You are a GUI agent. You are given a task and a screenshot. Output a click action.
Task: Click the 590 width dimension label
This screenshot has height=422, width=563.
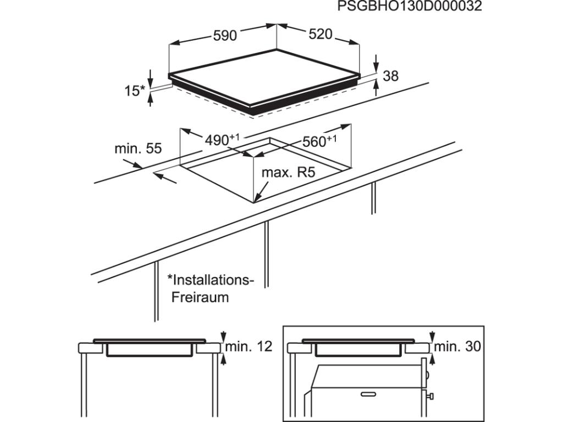[x=225, y=36]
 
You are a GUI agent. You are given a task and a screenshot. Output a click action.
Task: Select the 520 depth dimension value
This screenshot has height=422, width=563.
[x=321, y=34]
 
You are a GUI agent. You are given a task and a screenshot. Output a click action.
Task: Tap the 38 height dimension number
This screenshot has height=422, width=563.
[x=390, y=76]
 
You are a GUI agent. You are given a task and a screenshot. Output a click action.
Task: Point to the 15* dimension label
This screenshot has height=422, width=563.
[x=135, y=91]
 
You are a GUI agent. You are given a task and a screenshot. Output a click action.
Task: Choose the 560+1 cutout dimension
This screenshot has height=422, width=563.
[x=319, y=141]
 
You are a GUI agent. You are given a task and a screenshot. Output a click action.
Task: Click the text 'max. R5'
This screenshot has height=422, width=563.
[x=288, y=173]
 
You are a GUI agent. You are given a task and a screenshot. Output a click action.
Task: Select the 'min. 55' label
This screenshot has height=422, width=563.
[x=138, y=148]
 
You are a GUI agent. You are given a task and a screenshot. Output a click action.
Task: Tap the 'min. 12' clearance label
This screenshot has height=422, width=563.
[x=249, y=346]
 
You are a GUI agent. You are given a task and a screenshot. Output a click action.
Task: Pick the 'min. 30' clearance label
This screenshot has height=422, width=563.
[x=457, y=346]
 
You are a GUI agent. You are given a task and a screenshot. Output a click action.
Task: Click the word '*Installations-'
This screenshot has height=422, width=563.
[x=211, y=280]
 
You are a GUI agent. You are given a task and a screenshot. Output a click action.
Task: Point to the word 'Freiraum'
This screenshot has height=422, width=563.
[x=200, y=297]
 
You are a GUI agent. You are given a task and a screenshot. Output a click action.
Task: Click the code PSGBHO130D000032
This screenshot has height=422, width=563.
[x=410, y=7]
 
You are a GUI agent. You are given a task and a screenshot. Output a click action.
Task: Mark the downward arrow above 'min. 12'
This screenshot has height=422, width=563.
[x=223, y=336]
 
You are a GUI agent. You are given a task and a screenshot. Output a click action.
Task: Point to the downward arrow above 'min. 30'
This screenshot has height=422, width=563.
[x=432, y=336]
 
